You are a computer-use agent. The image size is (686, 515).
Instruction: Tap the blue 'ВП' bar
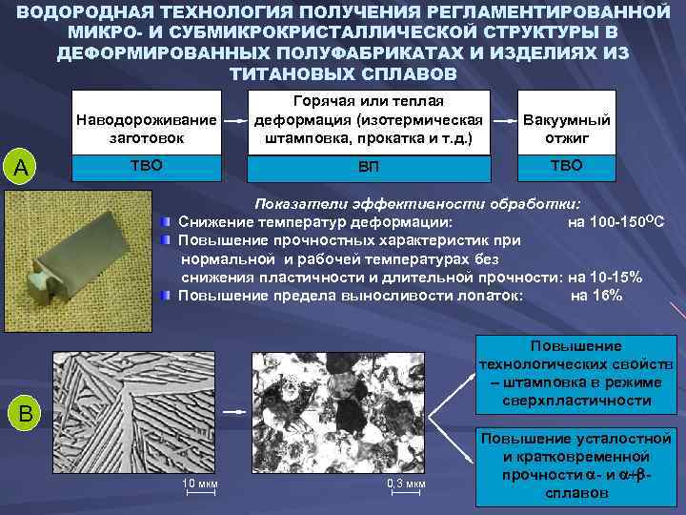point(370,167)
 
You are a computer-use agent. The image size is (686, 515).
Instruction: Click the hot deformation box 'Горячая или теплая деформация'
point(370,120)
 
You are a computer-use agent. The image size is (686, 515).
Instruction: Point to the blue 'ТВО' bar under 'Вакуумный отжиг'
point(566,165)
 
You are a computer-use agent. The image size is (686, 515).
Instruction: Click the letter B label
point(27,413)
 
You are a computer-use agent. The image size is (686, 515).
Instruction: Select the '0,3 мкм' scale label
point(407,484)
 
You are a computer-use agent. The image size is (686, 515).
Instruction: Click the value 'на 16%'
point(597,296)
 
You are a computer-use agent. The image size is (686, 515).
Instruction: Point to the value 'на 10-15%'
point(604,278)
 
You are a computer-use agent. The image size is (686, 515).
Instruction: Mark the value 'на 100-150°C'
point(615,223)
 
